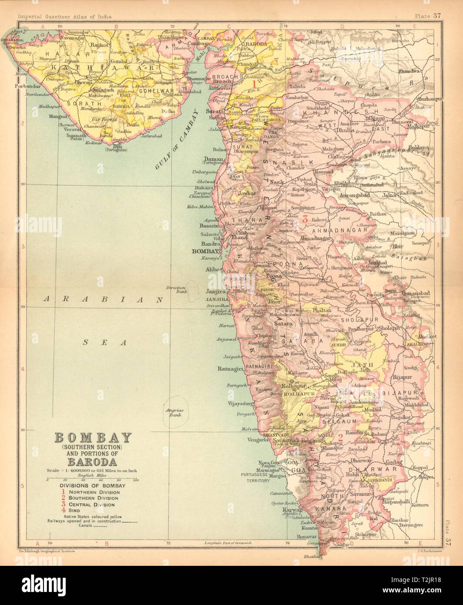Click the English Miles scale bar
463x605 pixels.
(x=89, y=480)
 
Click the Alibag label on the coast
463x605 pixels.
(x=212, y=269)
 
